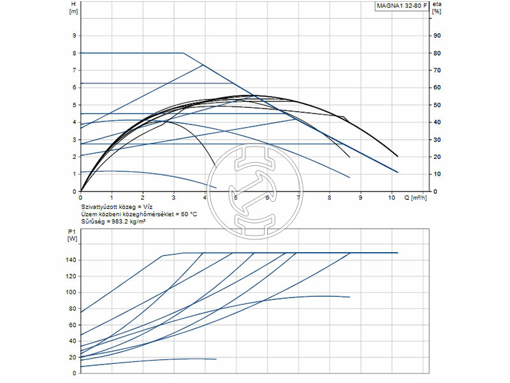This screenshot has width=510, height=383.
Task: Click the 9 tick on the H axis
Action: pos(75,35)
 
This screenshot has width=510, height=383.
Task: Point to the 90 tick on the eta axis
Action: pos(437,35)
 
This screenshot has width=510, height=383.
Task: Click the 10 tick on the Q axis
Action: pos(391,198)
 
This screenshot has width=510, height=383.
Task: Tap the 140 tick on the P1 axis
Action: pos(71,260)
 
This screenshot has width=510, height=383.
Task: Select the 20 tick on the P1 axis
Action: pos(73,357)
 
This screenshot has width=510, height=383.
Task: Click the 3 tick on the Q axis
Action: pos(173,198)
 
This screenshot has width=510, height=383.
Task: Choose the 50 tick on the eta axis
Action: pos(437,105)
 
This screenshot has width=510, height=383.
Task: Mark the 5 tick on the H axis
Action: pos(75,105)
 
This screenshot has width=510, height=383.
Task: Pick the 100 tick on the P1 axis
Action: pos(71,292)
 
